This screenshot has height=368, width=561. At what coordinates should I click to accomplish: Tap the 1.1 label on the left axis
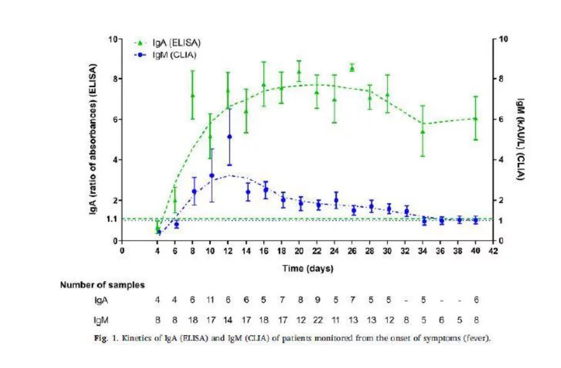coord(111,219)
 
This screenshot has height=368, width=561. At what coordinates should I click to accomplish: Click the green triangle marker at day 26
coord(352,68)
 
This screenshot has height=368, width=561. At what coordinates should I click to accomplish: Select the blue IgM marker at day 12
coord(229,137)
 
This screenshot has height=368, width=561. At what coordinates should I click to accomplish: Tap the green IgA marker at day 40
coord(475,118)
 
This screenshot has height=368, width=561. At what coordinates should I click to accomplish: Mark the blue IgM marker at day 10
coord(211,175)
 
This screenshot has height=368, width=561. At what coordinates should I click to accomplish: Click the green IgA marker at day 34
coord(423,131)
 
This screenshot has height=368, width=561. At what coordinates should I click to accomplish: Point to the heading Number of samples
coord(102,285)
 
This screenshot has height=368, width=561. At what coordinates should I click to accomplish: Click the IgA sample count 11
coord(211,300)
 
